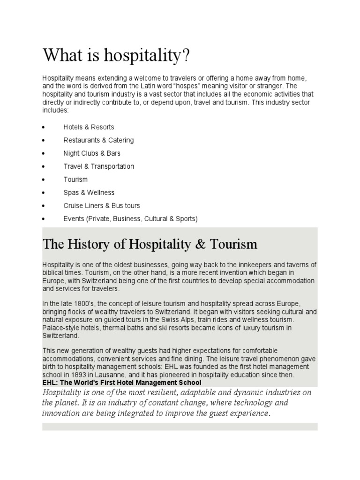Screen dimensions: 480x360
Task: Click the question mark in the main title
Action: point(187,56)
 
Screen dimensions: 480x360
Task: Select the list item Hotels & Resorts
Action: point(89,127)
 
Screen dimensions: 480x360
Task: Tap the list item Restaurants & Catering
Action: point(98,140)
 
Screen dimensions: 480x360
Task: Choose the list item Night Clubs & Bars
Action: point(92,153)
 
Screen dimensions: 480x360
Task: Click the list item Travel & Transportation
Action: point(98,166)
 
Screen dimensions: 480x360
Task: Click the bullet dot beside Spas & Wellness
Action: point(44,193)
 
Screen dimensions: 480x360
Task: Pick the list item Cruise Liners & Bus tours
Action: point(102,206)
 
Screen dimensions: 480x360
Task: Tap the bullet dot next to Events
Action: point(44,219)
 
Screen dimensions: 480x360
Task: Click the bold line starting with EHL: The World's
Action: point(121,382)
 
